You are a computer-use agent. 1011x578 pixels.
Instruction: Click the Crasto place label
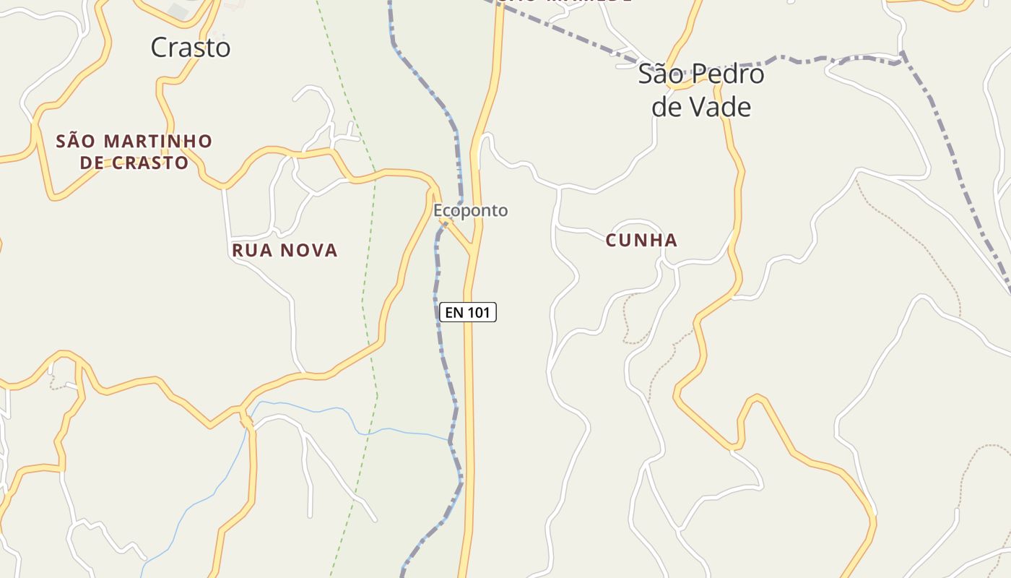tap(191, 48)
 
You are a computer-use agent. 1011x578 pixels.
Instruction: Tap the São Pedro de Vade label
tap(701, 90)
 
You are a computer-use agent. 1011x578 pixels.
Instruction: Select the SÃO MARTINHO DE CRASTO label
tap(134, 152)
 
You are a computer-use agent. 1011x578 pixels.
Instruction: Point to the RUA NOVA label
tap(285, 251)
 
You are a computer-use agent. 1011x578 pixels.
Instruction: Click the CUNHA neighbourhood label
tap(642, 241)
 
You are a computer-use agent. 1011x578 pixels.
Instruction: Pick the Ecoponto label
tap(471, 211)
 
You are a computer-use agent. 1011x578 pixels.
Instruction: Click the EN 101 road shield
tap(468, 312)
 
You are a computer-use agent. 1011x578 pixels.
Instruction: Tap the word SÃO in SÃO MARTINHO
tap(77, 141)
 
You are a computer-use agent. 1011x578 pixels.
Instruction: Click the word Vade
tap(723, 107)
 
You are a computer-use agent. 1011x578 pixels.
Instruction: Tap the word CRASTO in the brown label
tap(150, 163)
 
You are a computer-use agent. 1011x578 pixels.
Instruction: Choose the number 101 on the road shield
tap(479, 312)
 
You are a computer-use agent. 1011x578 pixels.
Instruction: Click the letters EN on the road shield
tap(454, 312)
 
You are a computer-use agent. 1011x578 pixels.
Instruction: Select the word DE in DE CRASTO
tap(92, 163)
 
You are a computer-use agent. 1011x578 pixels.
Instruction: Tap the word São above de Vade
tap(659, 74)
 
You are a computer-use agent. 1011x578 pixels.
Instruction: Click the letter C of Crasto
tap(160, 48)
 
